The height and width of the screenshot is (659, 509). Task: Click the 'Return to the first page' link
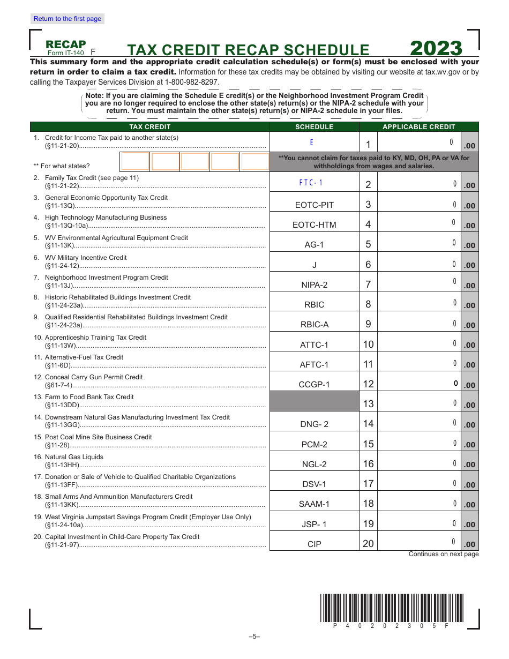tap(67, 19)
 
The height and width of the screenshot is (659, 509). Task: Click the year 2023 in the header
tap(436, 49)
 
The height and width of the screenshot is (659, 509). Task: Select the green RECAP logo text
tap(66, 44)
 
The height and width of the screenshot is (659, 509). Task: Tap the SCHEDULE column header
tap(314, 127)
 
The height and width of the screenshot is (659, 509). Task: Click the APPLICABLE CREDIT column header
tap(418, 127)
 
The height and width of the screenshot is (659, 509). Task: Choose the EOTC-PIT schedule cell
tap(314, 205)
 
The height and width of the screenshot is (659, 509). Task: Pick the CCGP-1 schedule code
tap(314, 384)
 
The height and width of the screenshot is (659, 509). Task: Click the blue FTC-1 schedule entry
tap(311, 183)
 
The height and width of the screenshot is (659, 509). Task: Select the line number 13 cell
tap(368, 404)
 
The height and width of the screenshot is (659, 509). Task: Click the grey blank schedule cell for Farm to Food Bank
tap(314, 401)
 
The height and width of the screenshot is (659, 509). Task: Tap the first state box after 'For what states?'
tap(135, 161)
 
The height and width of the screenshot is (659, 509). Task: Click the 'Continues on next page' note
tap(443, 554)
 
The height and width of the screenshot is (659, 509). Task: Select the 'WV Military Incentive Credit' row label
tap(86, 258)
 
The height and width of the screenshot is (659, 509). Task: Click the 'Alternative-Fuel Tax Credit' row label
tap(84, 357)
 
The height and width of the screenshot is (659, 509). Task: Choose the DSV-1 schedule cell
tap(314, 484)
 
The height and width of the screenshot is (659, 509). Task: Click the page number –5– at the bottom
tap(254, 636)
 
